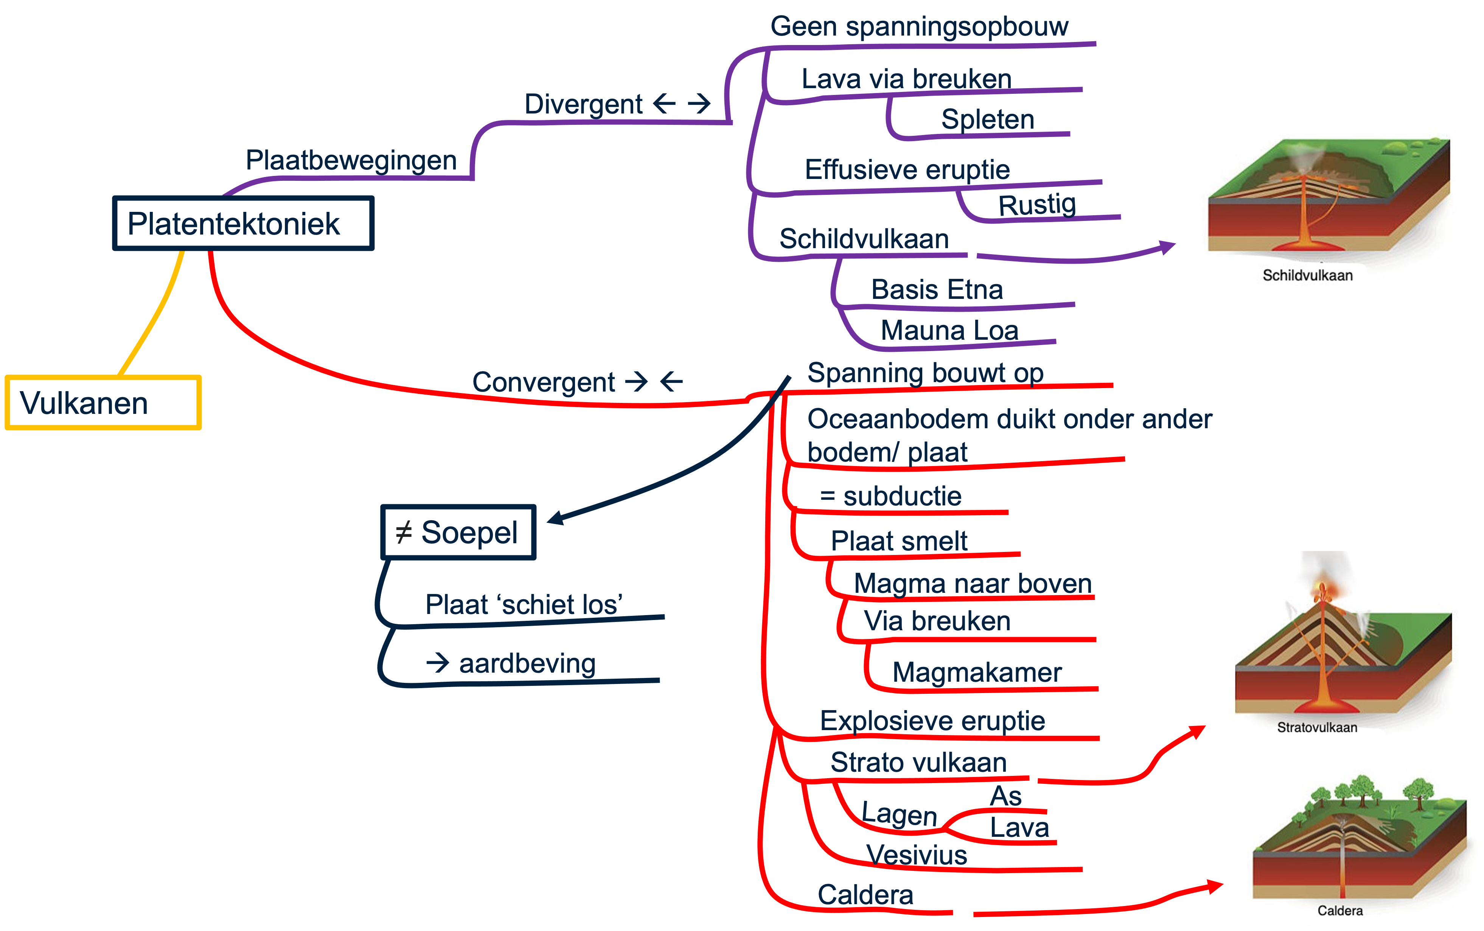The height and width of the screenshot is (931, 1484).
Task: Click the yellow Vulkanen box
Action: point(103,403)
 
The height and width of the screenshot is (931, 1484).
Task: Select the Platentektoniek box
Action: point(243,223)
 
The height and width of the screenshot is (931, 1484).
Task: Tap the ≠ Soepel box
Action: point(458,532)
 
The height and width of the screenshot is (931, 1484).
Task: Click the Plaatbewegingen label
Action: point(351,160)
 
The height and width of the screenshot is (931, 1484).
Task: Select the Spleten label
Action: point(987,119)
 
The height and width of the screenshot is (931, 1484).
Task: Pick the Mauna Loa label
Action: point(949,331)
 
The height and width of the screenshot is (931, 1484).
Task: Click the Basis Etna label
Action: point(937,289)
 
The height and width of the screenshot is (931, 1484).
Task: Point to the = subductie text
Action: point(890,496)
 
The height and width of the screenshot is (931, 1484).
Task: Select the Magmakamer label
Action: point(977,672)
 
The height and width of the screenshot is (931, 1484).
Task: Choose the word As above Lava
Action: point(1006,796)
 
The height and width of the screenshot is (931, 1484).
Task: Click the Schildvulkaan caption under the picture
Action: point(1307,275)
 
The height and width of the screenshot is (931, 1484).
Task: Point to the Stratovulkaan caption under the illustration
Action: point(1316,727)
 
